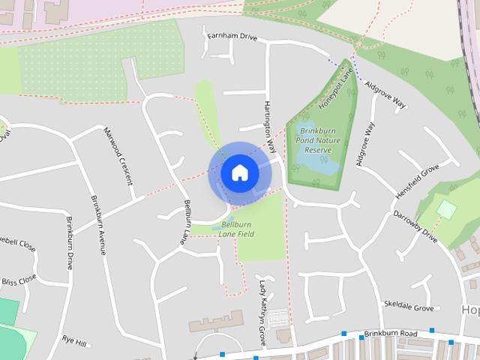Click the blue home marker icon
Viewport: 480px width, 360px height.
[x=240, y=173]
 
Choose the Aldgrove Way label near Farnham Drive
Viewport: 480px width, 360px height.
[x=385, y=94]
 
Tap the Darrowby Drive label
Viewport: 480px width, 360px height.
[x=415, y=226]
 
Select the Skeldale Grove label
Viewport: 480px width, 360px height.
[x=409, y=307]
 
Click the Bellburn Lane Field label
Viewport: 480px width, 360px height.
[x=236, y=229]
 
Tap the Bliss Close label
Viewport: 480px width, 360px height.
[x=18, y=280]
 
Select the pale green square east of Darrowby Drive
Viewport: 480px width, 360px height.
[x=446, y=209]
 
